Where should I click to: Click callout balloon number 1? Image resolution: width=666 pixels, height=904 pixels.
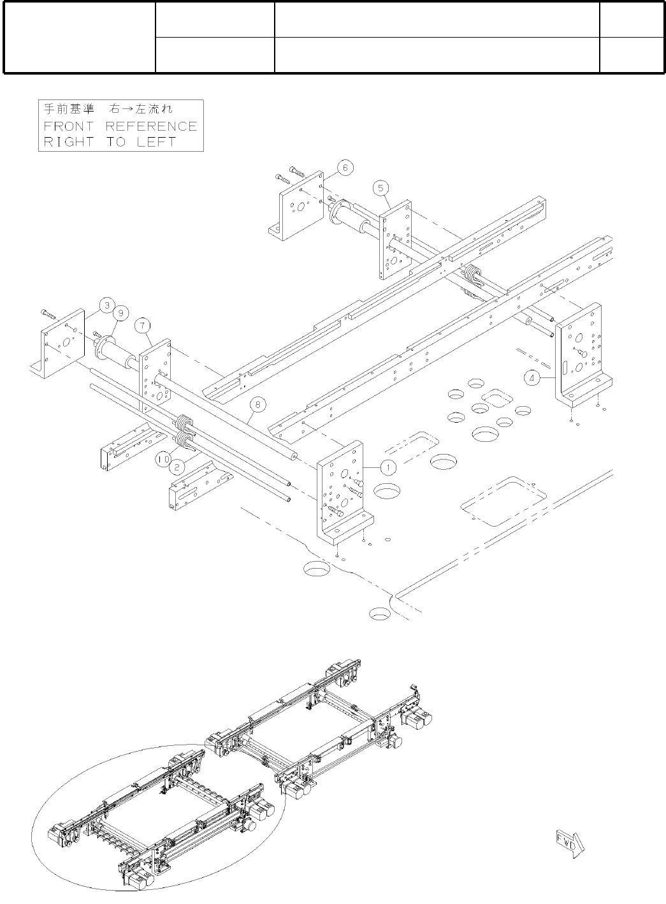[x=387, y=467]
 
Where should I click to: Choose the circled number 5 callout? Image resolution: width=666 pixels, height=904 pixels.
[x=380, y=187]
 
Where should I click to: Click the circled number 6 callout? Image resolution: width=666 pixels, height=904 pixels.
[x=345, y=168]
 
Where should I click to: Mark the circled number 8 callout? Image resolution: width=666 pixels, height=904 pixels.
[x=257, y=404]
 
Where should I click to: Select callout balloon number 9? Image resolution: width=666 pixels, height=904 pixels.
[x=120, y=313]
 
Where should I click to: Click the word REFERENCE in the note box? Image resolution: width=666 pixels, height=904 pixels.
[x=151, y=126]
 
